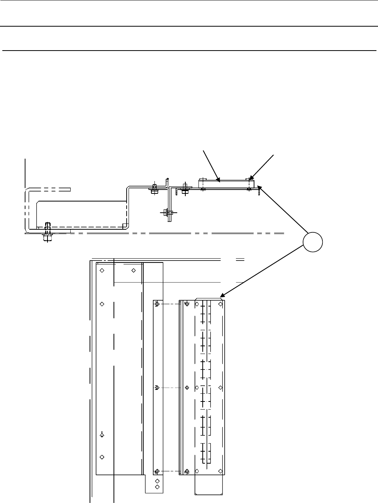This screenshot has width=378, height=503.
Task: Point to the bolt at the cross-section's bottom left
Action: click(x=47, y=232)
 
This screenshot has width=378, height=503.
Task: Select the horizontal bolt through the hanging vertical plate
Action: click(x=166, y=212)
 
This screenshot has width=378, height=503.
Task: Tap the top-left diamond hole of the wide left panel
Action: click(x=102, y=270)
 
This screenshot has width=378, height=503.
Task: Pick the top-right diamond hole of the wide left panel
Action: click(x=134, y=270)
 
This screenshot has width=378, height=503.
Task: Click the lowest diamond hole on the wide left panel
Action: click(x=102, y=457)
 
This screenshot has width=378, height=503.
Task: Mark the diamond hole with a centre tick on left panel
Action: click(x=102, y=435)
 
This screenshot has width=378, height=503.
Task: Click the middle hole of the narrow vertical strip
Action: click(x=157, y=388)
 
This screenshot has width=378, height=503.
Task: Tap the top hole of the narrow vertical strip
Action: click(x=157, y=304)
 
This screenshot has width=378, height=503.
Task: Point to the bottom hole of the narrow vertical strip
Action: click(x=157, y=471)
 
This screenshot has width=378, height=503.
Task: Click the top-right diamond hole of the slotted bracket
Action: click(x=220, y=304)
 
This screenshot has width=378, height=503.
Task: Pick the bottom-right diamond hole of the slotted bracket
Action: click(x=220, y=471)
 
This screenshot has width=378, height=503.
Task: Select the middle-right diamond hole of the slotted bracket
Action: click(x=220, y=387)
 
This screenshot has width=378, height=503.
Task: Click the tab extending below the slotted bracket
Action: click(x=209, y=484)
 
